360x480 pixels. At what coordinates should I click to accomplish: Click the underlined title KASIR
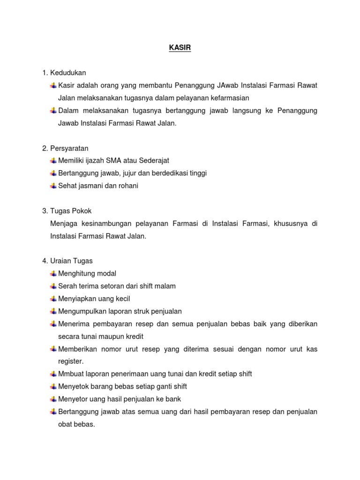tap(180, 48)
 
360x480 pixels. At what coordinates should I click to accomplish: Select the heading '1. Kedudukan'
tap(64, 73)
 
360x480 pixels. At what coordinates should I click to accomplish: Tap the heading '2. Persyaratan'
tap(65, 148)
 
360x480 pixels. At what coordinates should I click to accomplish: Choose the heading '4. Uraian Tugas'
tap(67, 261)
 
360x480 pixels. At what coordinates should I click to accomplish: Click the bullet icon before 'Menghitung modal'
tap(53, 273)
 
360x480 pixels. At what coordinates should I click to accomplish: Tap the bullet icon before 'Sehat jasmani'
tap(53, 186)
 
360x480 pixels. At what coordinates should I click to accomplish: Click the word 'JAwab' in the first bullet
tap(228, 85)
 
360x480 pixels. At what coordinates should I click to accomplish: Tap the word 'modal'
tap(107, 274)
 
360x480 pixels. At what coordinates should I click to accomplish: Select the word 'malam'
tap(166, 286)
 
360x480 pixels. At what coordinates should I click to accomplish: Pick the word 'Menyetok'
tap(72, 387)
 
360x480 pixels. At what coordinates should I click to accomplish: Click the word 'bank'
tap(173, 399)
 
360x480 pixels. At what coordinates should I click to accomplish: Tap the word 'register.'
tap(70, 361)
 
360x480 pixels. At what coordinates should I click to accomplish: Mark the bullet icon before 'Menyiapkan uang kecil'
tap(53, 299)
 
